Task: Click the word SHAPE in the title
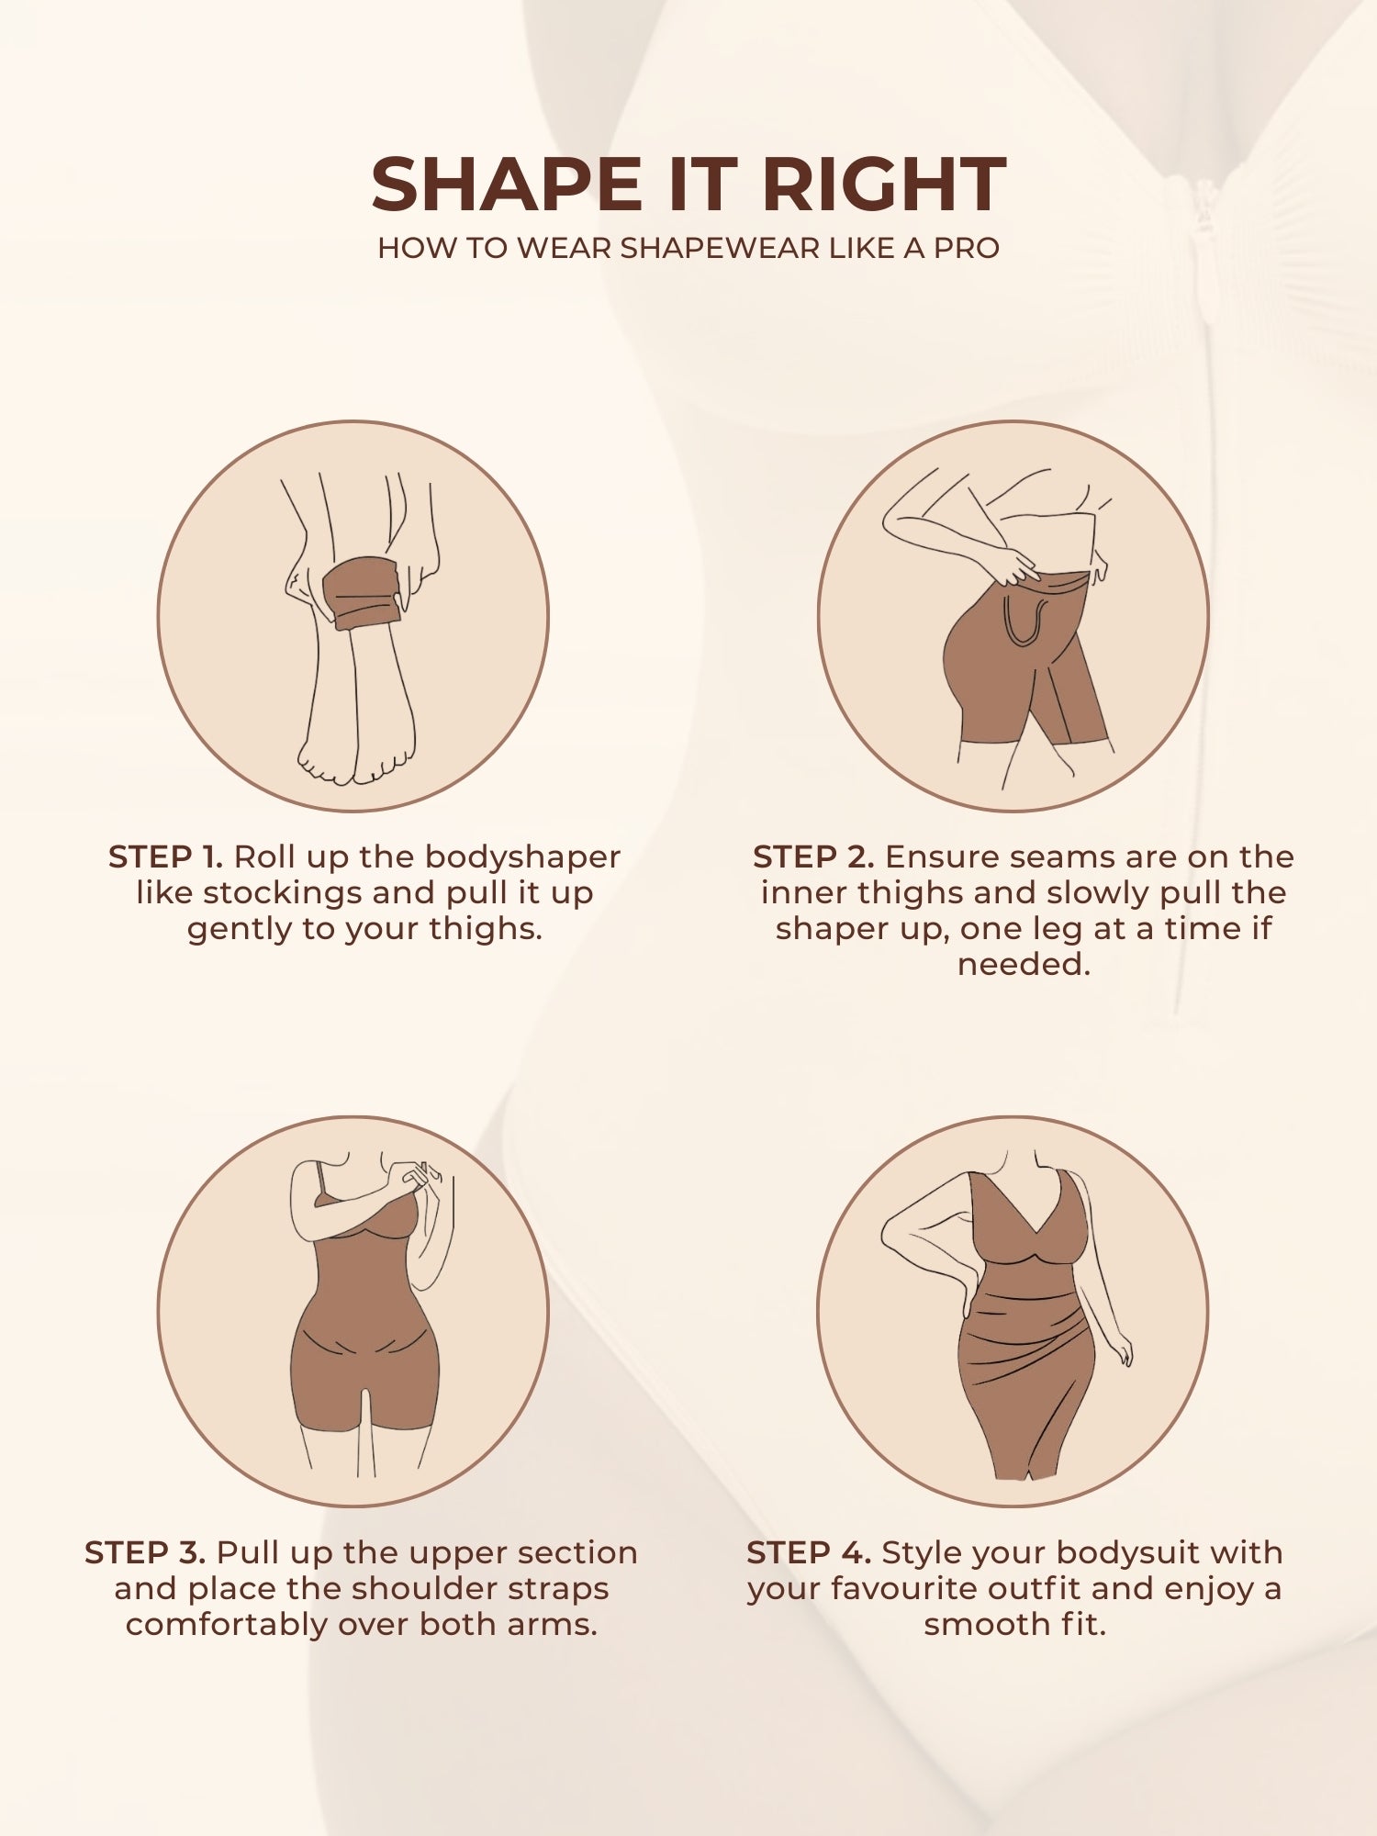[508, 185]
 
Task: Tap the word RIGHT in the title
[884, 185]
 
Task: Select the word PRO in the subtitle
[966, 248]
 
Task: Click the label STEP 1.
[165, 856]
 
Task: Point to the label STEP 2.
[812, 856]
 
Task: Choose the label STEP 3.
[145, 1552]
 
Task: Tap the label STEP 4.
[808, 1552]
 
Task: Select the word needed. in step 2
[1024, 964]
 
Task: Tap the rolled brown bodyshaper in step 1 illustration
[365, 592]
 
